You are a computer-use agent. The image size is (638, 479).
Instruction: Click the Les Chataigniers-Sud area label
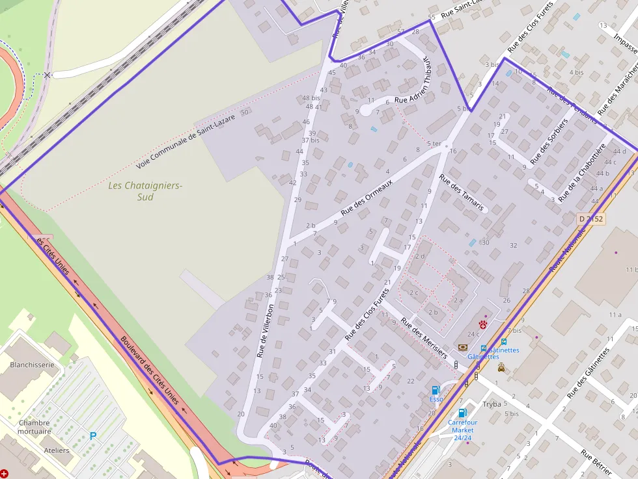tap(145, 190)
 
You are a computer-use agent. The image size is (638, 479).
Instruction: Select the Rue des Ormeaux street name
tap(367, 198)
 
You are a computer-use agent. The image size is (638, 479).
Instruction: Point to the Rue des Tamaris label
tap(462, 192)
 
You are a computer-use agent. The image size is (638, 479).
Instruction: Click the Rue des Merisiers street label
tap(424, 337)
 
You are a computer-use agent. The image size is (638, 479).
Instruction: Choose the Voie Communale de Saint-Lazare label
tap(176, 142)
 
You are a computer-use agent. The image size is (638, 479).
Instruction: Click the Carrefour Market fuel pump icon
tap(462, 413)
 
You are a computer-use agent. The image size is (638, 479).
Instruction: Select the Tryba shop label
tap(492, 404)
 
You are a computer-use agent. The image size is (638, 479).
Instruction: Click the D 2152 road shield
tap(591, 219)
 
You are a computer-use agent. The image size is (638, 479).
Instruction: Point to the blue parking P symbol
tap(93, 435)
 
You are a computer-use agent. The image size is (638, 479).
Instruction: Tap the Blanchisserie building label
tap(32, 365)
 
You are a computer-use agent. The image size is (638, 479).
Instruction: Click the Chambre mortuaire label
tap(34, 427)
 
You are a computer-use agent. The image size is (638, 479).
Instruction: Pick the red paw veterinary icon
tap(483, 324)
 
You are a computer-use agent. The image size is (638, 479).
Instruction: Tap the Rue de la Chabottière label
tap(583, 172)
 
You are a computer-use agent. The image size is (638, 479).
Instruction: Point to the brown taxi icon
tap(501, 367)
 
